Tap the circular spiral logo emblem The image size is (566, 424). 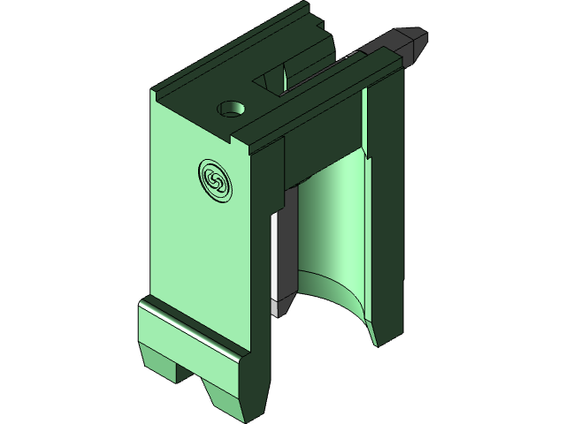pyautogui.click(x=216, y=179)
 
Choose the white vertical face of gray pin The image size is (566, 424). pyautogui.click(x=276, y=256)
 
